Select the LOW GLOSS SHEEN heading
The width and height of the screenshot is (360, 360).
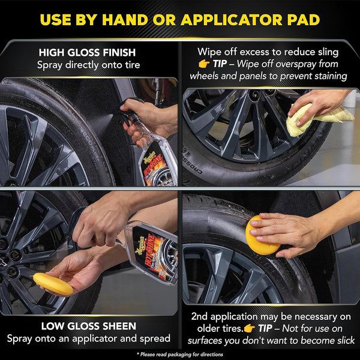click(89, 326)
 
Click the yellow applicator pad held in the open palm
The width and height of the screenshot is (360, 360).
click(53, 283)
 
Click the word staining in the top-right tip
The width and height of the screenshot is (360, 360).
click(327, 76)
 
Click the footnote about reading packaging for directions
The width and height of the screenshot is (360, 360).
click(179, 354)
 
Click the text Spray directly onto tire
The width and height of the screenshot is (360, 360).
click(89, 64)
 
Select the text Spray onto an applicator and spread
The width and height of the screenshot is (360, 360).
click(89, 338)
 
